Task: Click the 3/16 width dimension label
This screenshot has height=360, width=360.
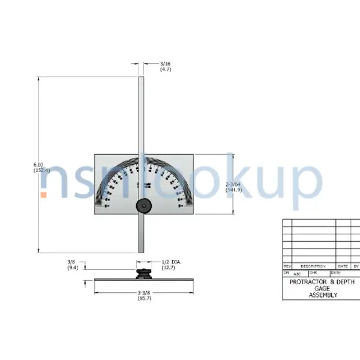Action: (165, 64)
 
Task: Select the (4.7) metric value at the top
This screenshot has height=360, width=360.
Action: (165, 70)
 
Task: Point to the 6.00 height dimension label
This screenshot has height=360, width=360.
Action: (38, 164)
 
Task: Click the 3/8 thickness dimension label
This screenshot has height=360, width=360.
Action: (71, 262)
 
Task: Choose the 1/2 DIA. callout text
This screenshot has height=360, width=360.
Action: (172, 262)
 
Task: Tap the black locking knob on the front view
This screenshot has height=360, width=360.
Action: (143, 206)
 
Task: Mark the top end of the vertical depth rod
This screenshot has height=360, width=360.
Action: (141, 79)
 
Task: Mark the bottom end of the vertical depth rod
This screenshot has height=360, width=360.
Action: (141, 250)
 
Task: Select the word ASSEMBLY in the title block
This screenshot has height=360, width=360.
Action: (323, 295)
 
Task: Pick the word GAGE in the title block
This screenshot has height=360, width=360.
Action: (323, 289)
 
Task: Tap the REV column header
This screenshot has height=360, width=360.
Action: (287, 266)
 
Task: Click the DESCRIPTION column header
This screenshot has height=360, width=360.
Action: (313, 266)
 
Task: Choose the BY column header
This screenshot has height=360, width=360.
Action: (356, 266)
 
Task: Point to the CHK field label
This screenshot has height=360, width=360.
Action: (312, 272)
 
